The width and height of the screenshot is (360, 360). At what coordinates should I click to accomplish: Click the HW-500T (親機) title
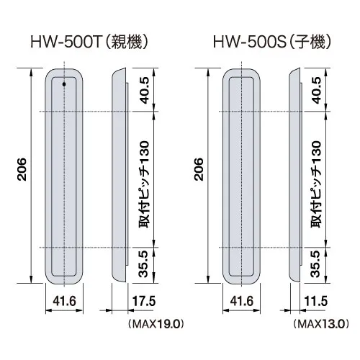[x=89, y=42]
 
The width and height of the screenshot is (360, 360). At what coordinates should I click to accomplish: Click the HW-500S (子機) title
[x=272, y=42]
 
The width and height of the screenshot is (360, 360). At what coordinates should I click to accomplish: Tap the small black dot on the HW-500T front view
[x=64, y=84]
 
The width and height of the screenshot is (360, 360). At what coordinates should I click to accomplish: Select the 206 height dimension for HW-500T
[x=22, y=169]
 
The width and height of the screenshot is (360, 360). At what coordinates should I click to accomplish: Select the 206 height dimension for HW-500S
[x=199, y=169]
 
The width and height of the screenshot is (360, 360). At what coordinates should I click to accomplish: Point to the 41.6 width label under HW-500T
[x=64, y=301]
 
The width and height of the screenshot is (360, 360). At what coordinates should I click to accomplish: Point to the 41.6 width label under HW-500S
[x=241, y=301]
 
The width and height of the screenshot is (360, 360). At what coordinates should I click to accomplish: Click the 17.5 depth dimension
[x=144, y=301]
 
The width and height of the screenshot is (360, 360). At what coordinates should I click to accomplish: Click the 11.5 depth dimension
[x=316, y=301]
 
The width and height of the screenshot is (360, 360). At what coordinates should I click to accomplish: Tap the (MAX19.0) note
[x=156, y=324]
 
